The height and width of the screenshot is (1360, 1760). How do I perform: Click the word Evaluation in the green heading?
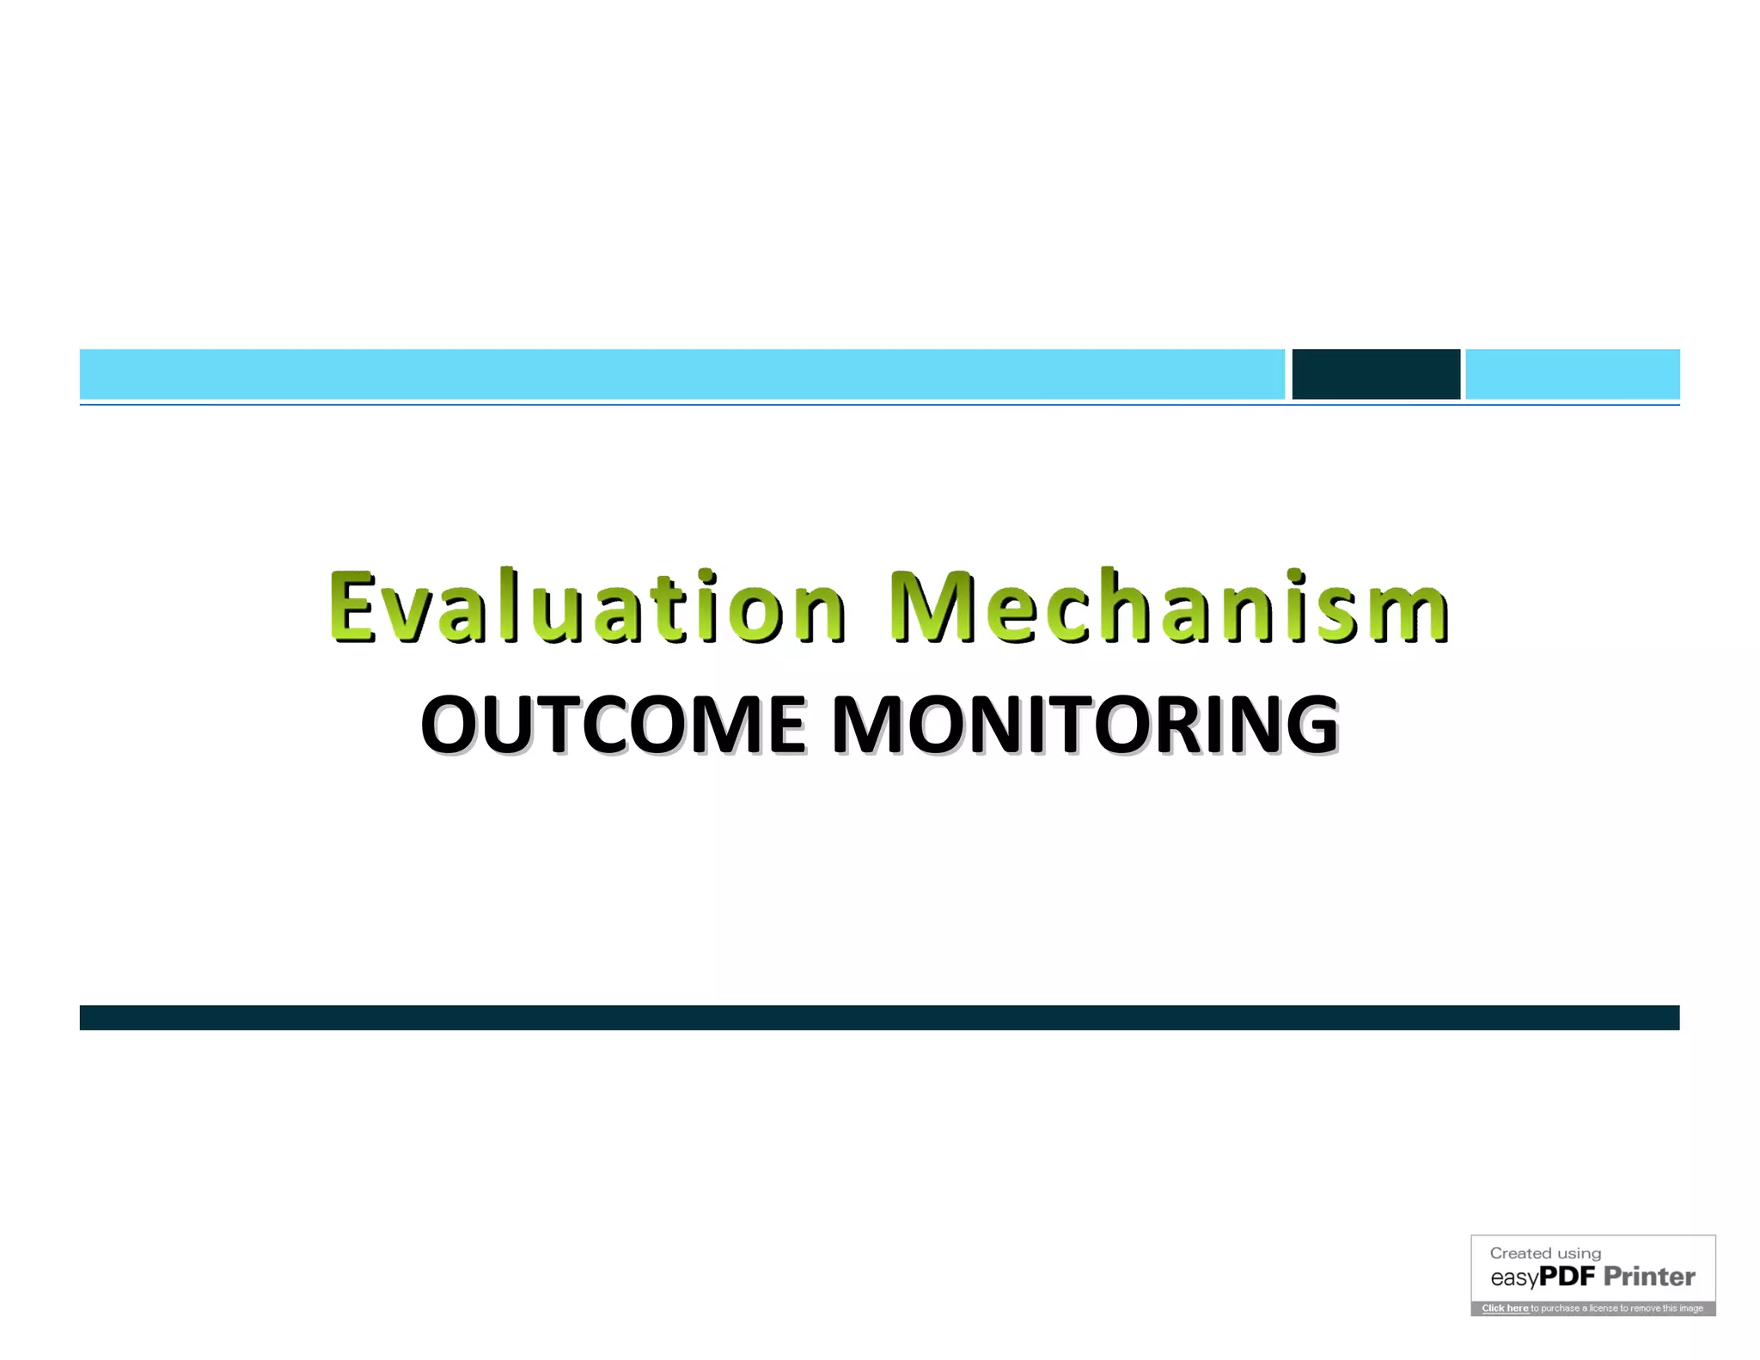coord(586,607)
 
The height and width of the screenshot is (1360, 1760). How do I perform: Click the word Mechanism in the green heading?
coord(1169,607)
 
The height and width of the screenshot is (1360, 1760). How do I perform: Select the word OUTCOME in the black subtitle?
coord(613,725)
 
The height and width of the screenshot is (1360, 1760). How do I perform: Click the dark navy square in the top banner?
coord(1375,374)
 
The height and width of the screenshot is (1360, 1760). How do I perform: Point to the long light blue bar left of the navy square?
coord(681,374)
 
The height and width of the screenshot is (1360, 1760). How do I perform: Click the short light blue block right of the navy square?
coord(1572,374)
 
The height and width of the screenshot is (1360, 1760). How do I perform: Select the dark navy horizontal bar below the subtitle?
coord(879,1017)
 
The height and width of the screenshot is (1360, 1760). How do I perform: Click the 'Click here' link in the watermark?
coord(1505,1308)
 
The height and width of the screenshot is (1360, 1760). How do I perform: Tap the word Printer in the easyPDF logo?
coord(1649,1277)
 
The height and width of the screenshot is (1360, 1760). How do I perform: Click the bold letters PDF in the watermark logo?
coord(1567,1277)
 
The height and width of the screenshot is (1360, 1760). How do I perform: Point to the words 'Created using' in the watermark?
coord(1545,1253)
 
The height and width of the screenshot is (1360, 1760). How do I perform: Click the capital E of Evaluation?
coord(352,607)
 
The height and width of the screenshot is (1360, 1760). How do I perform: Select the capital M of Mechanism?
coord(932,607)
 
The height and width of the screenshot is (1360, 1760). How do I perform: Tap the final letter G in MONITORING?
coord(1309,725)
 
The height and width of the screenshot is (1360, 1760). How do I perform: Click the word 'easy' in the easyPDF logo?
coord(1513,1278)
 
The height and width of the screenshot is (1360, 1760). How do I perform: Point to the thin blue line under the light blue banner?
coord(879,404)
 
